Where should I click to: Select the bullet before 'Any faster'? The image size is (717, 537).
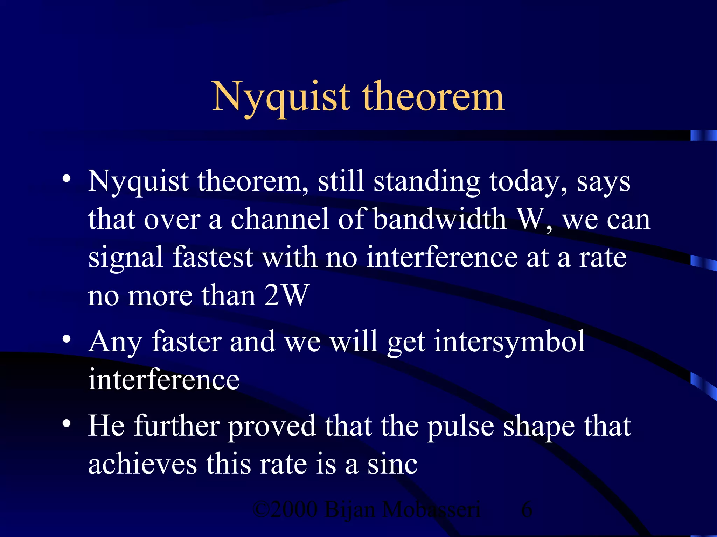(67, 339)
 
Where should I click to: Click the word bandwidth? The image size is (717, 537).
(439, 219)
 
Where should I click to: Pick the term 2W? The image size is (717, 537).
(286, 295)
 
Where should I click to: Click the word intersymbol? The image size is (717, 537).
(509, 342)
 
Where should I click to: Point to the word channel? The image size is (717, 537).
(280, 219)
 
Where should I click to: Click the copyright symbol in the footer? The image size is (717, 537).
(261, 509)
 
